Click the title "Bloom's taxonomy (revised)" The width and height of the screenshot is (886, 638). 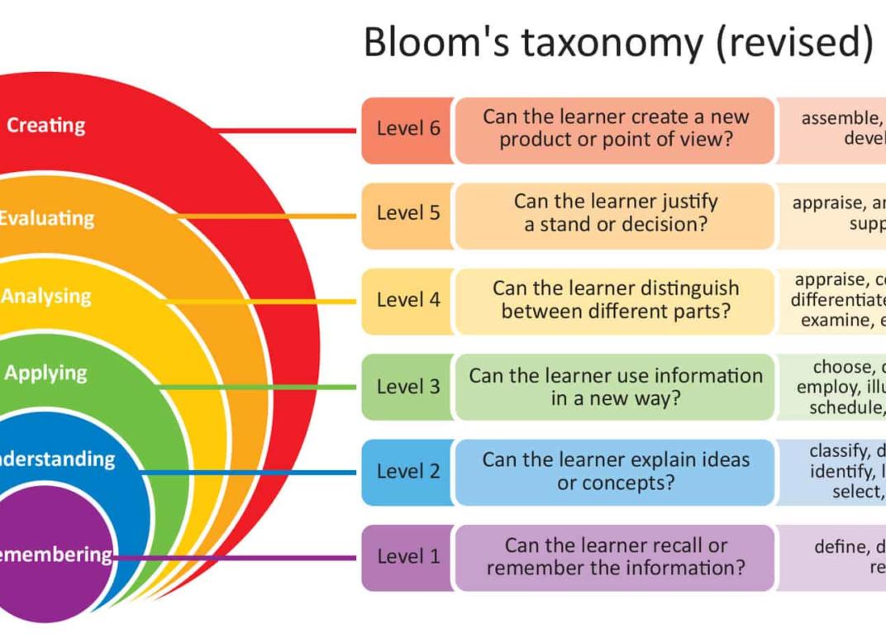(617, 41)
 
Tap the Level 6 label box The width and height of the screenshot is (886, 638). (408, 129)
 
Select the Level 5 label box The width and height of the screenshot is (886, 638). (408, 213)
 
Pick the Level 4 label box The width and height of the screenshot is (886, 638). (408, 300)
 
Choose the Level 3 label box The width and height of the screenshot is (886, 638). (408, 386)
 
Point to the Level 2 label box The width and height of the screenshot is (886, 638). (408, 472)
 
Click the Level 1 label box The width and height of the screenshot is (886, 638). (408, 557)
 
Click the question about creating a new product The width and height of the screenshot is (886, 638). (616, 129)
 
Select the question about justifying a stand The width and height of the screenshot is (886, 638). (616, 213)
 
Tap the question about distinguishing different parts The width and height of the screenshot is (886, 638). (616, 300)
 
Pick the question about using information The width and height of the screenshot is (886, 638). (616, 386)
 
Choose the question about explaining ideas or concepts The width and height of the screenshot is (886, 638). (616, 472)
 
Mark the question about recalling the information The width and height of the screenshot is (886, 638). (616, 557)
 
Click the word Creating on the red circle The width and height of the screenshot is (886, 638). (45, 126)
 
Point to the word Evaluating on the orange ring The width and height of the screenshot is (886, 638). (46, 218)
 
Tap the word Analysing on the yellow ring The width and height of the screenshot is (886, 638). (46, 296)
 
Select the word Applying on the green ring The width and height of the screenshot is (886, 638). (45, 373)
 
